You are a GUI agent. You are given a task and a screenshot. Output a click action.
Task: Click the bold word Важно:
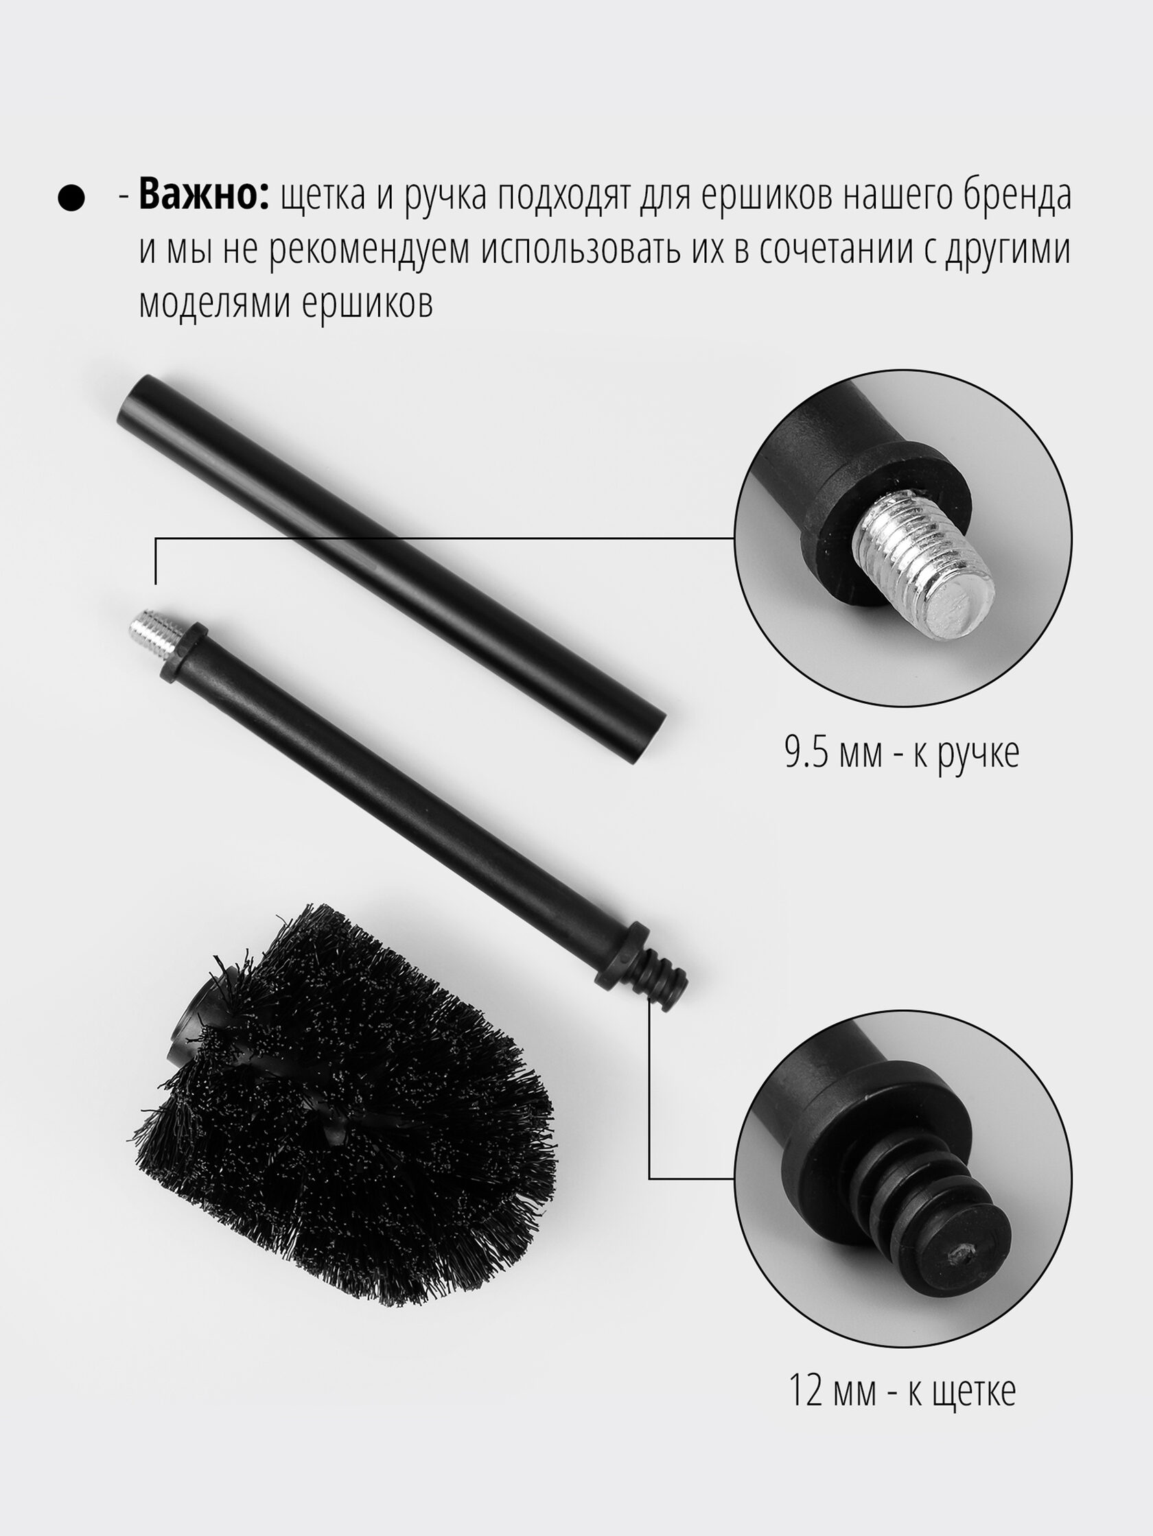204,196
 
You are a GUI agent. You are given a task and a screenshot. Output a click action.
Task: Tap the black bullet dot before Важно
71,198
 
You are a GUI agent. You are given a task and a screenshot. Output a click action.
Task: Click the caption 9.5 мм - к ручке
902,753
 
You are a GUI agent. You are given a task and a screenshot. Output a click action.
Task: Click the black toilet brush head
344,1104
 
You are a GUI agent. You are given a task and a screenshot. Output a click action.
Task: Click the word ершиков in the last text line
366,303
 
